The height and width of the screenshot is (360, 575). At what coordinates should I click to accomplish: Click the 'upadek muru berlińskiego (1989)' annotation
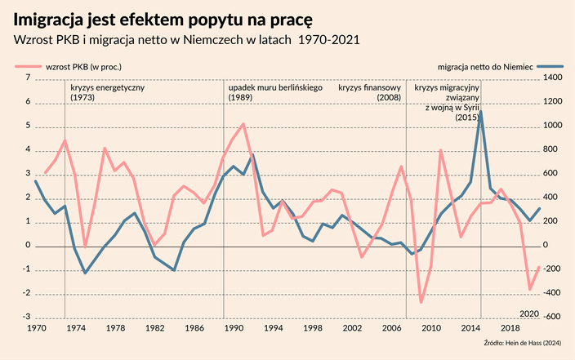click(274, 91)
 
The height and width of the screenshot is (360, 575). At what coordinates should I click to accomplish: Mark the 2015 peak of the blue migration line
click(480, 112)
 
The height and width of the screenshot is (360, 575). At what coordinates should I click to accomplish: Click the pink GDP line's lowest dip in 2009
click(421, 302)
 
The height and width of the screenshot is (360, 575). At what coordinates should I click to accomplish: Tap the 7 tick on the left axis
click(28, 78)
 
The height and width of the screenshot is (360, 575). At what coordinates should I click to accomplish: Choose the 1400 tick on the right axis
click(552, 78)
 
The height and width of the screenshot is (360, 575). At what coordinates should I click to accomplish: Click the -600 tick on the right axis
click(552, 318)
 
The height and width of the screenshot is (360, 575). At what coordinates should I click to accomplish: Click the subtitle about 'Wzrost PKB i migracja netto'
click(185, 39)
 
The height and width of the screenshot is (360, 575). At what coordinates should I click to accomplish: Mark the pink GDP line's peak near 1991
click(243, 124)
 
